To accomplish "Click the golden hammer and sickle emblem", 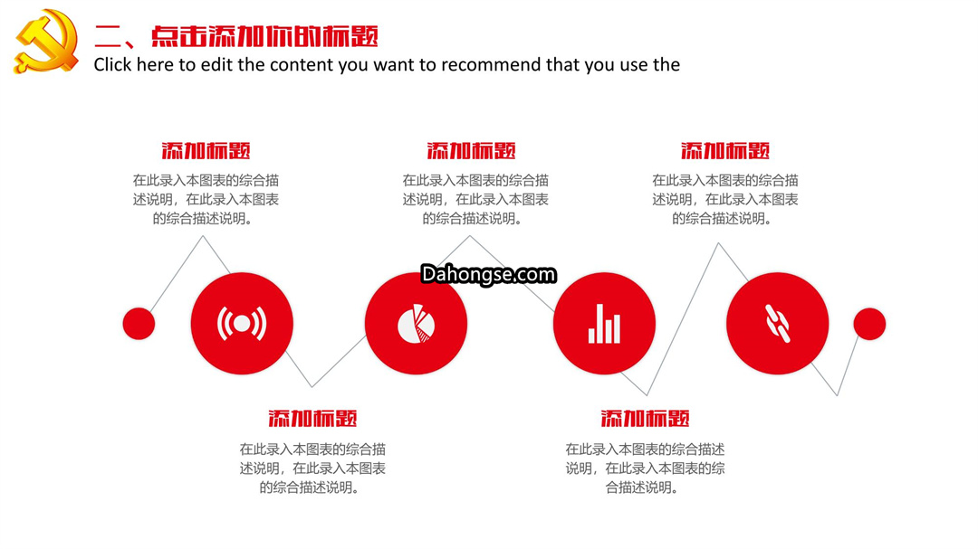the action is [46, 41].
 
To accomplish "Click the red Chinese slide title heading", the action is [236, 36].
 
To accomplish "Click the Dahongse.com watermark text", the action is [488, 274].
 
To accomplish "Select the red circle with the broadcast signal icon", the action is [242, 324].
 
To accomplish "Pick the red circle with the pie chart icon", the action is [416, 324].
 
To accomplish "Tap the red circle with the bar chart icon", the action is [604, 324].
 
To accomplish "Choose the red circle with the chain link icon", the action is [778, 324].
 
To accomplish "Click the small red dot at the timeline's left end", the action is [139, 324].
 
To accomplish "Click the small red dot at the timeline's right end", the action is [869, 324].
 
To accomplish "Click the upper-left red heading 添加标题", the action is [206, 151].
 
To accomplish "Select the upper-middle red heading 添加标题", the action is [472, 151].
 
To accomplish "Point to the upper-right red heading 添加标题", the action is [725, 151].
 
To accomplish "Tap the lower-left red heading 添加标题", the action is [312, 418].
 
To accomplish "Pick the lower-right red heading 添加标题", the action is [645, 418].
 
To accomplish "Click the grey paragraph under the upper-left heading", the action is [206, 199].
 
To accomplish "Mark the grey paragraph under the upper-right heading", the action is [725, 199].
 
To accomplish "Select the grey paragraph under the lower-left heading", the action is [312, 468].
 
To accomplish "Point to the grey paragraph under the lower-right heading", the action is [645, 468].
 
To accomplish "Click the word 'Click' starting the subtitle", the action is [113, 65].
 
